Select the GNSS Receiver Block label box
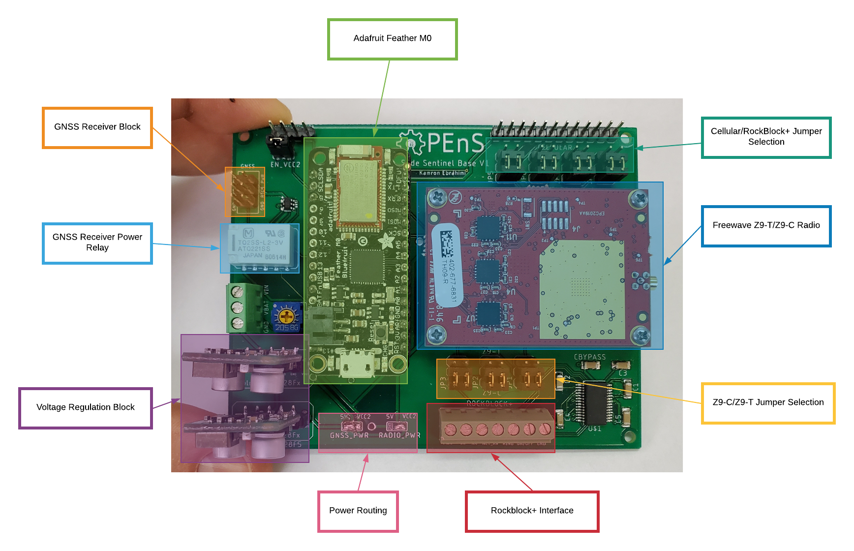[x=97, y=127]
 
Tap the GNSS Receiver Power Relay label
[x=97, y=243]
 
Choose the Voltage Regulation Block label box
[x=85, y=408]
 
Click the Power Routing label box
[x=358, y=511]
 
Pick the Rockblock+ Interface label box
[x=532, y=511]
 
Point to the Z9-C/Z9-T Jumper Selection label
[x=767, y=403]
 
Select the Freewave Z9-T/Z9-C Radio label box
[x=766, y=226]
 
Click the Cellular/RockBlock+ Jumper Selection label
[x=766, y=137]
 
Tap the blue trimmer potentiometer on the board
[x=286, y=316]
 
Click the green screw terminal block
[x=240, y=307]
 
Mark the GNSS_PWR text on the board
[x=349, y=435]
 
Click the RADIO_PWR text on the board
[x=399, y=435]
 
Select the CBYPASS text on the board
[x=589, y=357]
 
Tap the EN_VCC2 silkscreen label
[x=285, y=165]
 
